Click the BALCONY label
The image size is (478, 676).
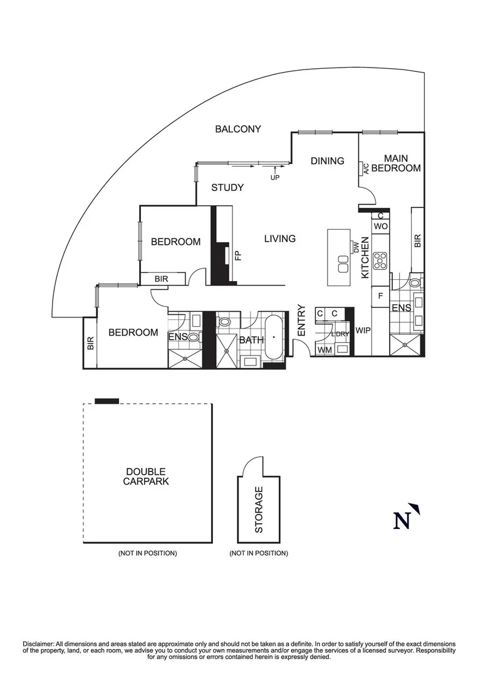pyautogui.click(x=237, y=129)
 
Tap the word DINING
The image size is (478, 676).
pyautogui.click(x=327, y=161)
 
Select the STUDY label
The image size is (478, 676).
pyautogui.click(x=227, y=187)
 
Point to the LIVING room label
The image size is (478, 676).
pyautogui.click(x=279, y=238)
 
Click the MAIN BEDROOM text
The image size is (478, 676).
pyautogui.click(x=395, y=163)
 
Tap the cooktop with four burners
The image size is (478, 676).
pyautogui.click(x=380, y=260)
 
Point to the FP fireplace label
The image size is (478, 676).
pyautogui.click(x=237, y=255)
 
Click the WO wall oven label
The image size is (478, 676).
pyautogui.click(x=380, y=225)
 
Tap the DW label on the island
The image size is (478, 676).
pyautogui.click(x=355, y=247)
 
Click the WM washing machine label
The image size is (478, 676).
pyautogui.click(x=324, y=349)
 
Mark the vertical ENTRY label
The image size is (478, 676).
pyautogui.click(x=301, y=320)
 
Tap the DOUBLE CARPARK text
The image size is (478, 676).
pyautogui.click(x=146, y=476)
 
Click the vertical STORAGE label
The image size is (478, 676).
pyautogui.click(x=259, y=510)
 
